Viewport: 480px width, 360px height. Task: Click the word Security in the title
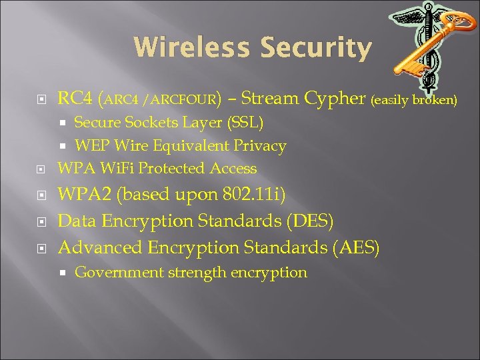click(x=316, y=48)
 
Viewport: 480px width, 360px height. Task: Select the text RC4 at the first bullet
click(x=75, y=99)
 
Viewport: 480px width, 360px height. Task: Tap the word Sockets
click(x=153, y=123)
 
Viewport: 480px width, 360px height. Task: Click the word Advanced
click(x=99, y=247)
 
